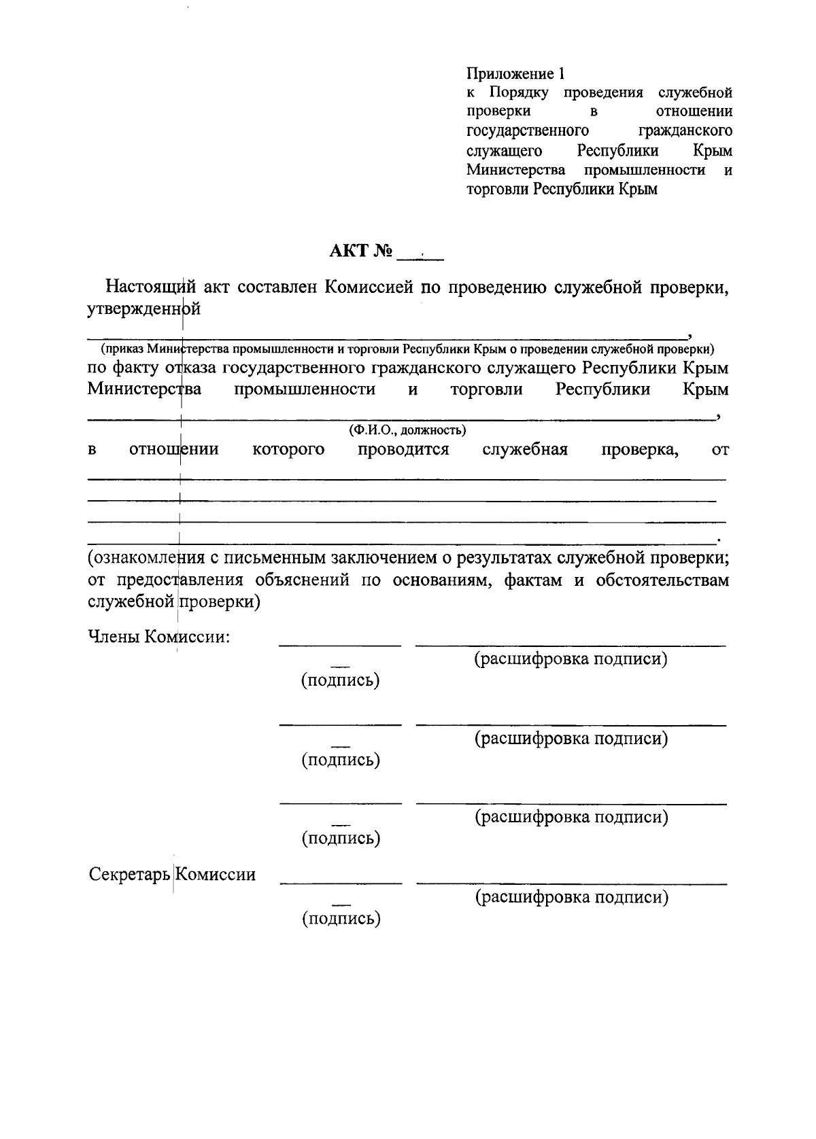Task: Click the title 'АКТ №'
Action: [x=361, y=251]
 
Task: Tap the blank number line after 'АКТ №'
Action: [x=420, y=257]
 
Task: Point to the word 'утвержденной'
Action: [x=144, y=309]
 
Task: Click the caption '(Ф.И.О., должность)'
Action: [x=407, y=430]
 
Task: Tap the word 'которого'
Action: [x=288, y=449]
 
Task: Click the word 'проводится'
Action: [x=403, y=449]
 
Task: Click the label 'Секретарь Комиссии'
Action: [x=172, y=874]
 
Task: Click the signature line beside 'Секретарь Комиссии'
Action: [x=341, y=883]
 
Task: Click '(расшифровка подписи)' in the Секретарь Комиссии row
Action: [x=571, y=897]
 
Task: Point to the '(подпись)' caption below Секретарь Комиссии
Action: [x=341, y=919]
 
